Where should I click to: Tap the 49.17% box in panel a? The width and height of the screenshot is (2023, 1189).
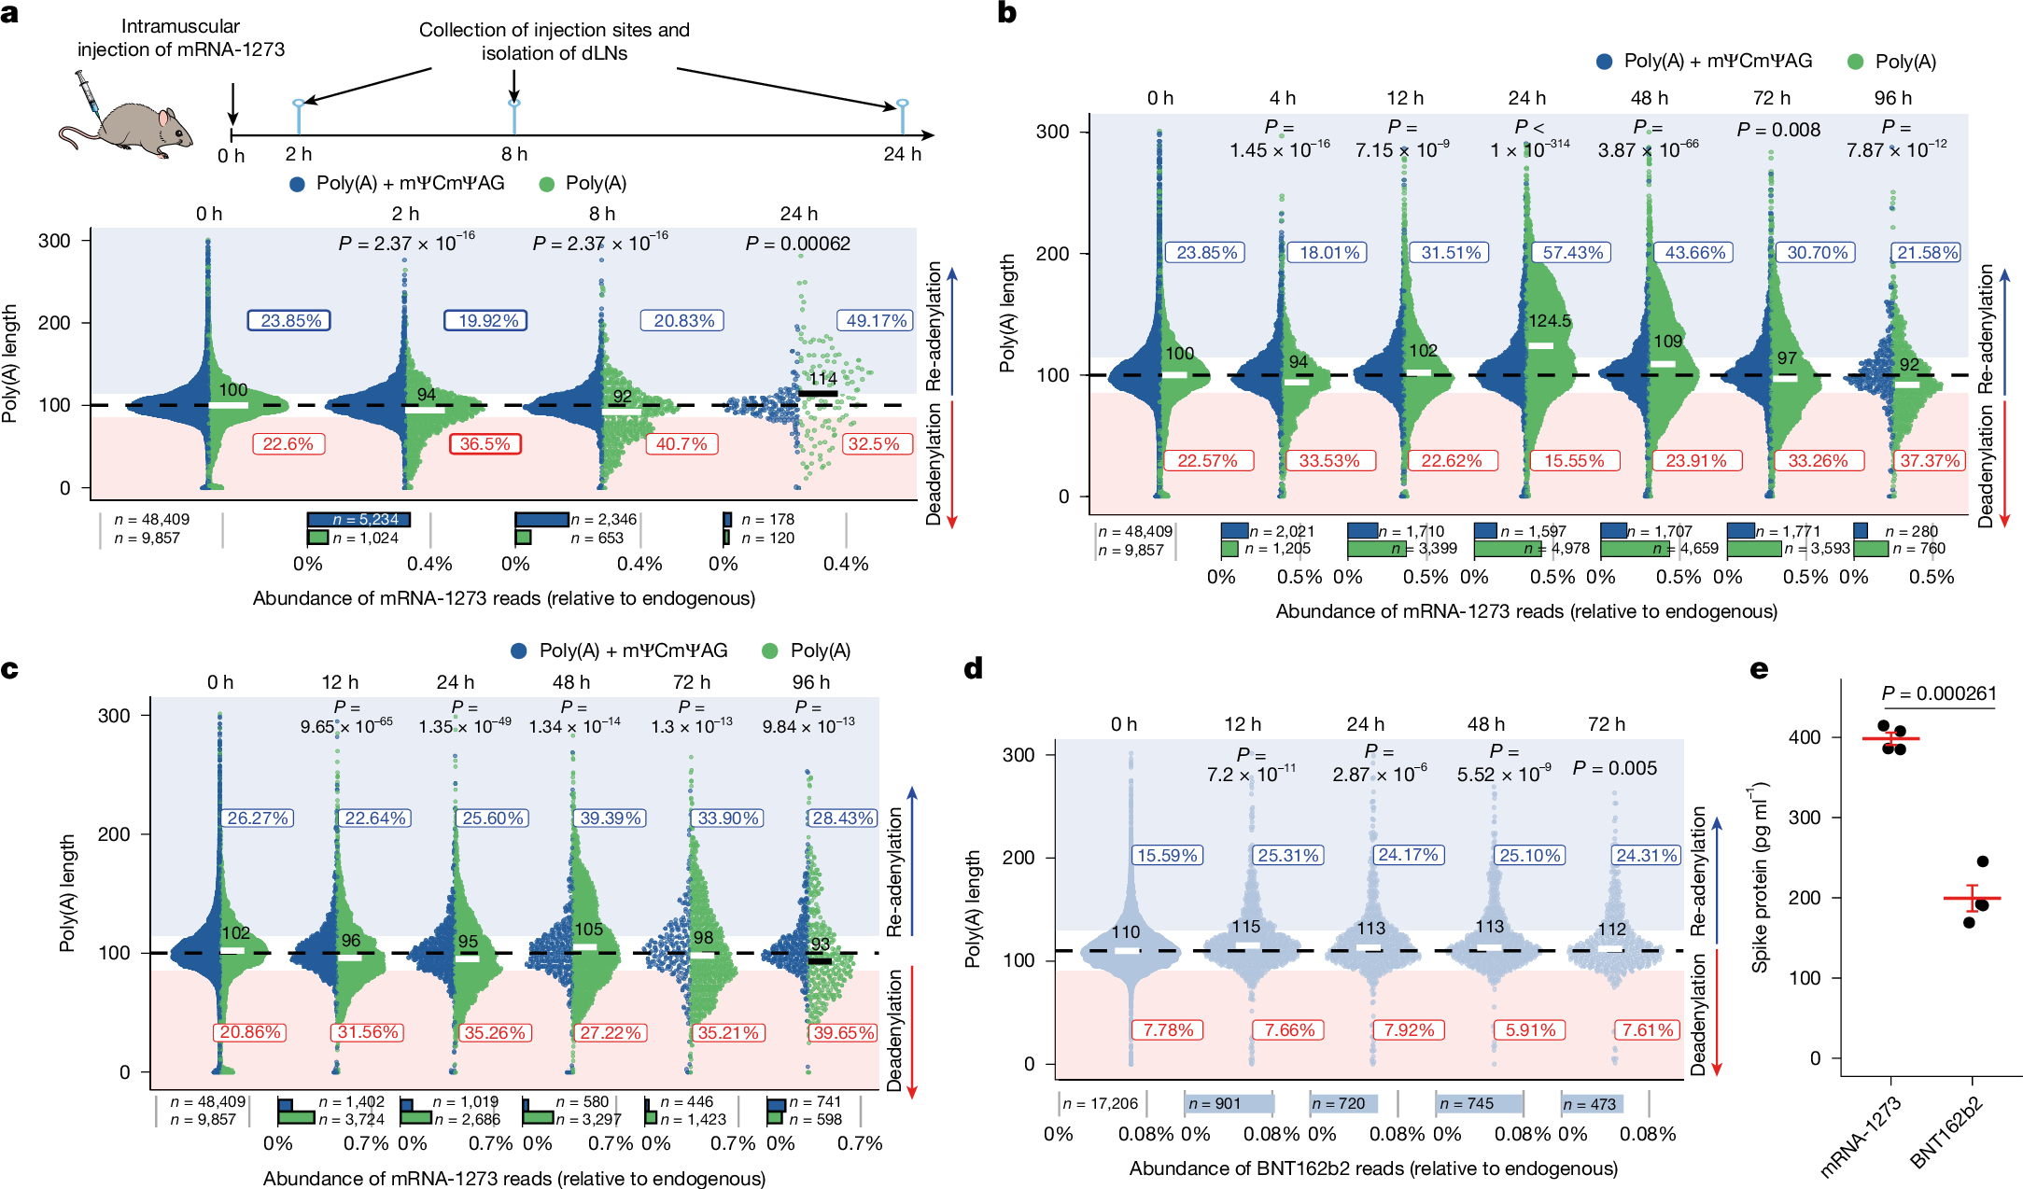pyautogui.click(x=876, y=320)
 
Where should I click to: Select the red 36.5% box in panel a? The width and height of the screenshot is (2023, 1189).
pyautogui.click(x=485, y=443)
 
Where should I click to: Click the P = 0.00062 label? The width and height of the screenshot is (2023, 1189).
pyautogui.click(x=797, y=244)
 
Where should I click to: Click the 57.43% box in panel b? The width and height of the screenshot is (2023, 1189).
pyautogui.click(x=1573, y=252)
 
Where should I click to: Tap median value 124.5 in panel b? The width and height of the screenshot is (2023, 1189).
pyautogui.click(x=1550, y=321)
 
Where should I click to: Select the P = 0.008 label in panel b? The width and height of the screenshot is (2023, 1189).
pyautogui.click(x=1778, y=130)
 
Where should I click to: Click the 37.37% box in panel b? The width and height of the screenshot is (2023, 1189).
pyautogui.click(x=1930, y=460)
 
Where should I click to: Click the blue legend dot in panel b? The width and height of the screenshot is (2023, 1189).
pyautogui.click(x=1605, y=62)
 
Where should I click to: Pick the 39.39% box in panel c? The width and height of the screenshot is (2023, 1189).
pyautogui.click(x=611, y=818)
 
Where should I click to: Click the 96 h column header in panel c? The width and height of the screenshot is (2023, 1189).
pyautogui.click(x=810, y=682)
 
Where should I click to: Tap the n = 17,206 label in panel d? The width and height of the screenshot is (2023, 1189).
pyautogui.click(x=1101, y=1103)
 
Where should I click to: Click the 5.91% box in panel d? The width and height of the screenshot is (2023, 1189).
pyautogui.click(x=1531, y=1029)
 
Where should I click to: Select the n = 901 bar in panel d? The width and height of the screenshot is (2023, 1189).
pyautogui.click(x=1228, y=1103)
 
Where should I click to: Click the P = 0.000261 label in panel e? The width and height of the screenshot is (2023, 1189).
pyautogui.click(x=1939, y=693)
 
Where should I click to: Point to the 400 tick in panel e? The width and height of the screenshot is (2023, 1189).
pyautogui.click(x=1805, y=737)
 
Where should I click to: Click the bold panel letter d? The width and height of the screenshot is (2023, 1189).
pyautogui.click(x=973, y=669)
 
